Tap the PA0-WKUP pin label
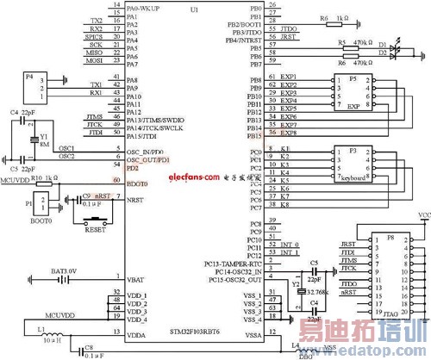point(147,7)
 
